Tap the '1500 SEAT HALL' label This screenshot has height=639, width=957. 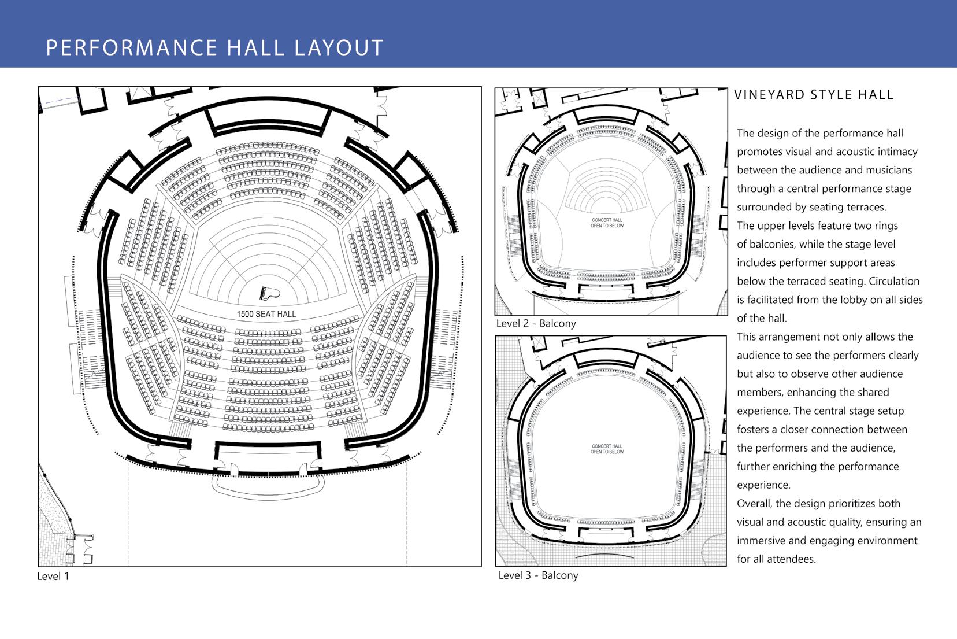pyautogui.click(x=266, y=314)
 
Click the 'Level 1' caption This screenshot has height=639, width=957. pyautogui.click(x=53, y=576)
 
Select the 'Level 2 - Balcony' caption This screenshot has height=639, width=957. pyautogui.click(x=536, y=323)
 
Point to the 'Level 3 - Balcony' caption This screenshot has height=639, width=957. pyautogui.click(x=538, y=575)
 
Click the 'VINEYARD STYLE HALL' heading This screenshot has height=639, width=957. pyautogui.click(x=814, y=95)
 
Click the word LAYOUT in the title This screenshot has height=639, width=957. pyautogui.click(x=339, y=47)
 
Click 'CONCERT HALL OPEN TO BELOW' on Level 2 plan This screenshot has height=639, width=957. pyautogui.click(x=607, y=223)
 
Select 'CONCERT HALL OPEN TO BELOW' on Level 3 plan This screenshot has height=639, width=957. pyautogui.click(x=607, y=449)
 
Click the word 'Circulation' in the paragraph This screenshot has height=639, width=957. pyautogui.click(x=894, y=281)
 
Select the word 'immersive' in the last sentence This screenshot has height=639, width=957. pyautogui.click(x=764, y=540)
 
